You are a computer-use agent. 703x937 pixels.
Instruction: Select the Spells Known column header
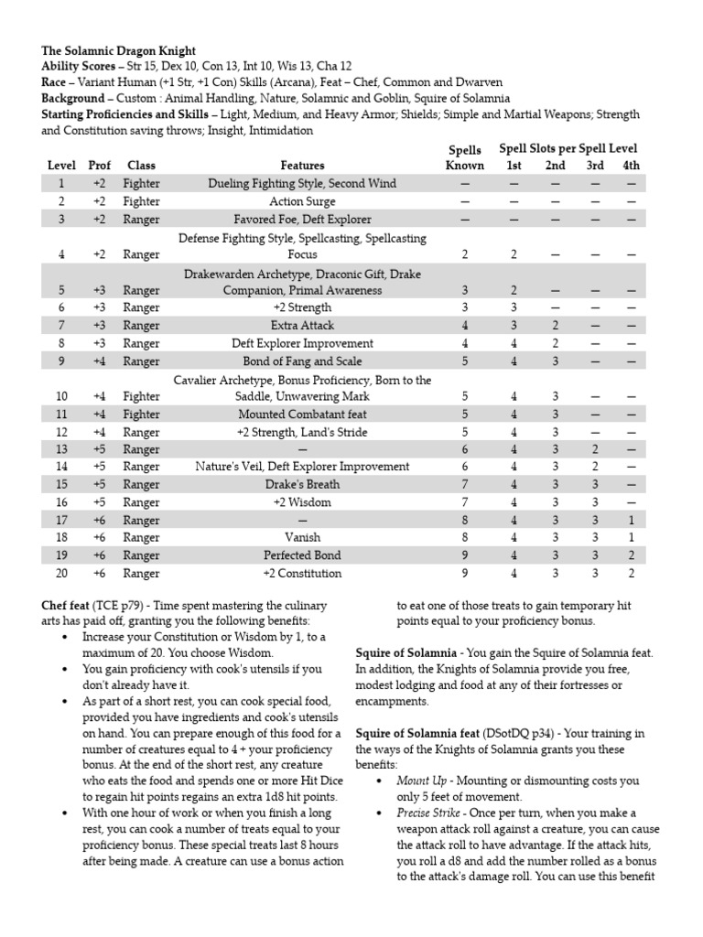pos(464,157)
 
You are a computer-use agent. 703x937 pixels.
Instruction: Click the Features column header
pos(302,166)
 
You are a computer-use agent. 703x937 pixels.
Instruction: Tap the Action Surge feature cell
pos(302,201)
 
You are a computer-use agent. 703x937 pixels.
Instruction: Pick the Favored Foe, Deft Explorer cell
pos(302,220)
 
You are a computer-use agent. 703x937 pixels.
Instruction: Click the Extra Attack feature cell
pos(302,326)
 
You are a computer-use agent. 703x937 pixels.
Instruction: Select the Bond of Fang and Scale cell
pos(302,361)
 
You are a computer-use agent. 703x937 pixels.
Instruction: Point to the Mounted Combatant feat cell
pos(302,414)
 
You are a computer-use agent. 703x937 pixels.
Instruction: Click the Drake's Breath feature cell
pos(302,485)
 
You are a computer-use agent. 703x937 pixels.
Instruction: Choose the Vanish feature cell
pos(302,538)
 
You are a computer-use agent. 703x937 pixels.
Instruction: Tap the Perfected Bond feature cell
pos(302,555)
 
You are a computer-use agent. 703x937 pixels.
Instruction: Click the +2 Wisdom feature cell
pos(302,502)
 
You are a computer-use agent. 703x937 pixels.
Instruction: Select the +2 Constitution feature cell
pos(302,574)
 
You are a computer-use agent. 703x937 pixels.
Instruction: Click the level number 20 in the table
pos(61,574)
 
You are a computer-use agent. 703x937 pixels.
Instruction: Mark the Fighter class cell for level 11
pos(141,414)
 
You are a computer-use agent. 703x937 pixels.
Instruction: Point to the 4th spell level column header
pos(631,166)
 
